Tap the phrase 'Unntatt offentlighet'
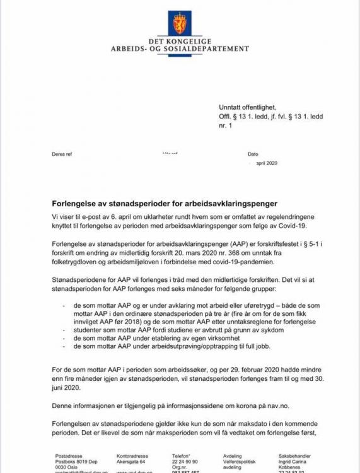point(247,107)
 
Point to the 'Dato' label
point(253,153)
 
